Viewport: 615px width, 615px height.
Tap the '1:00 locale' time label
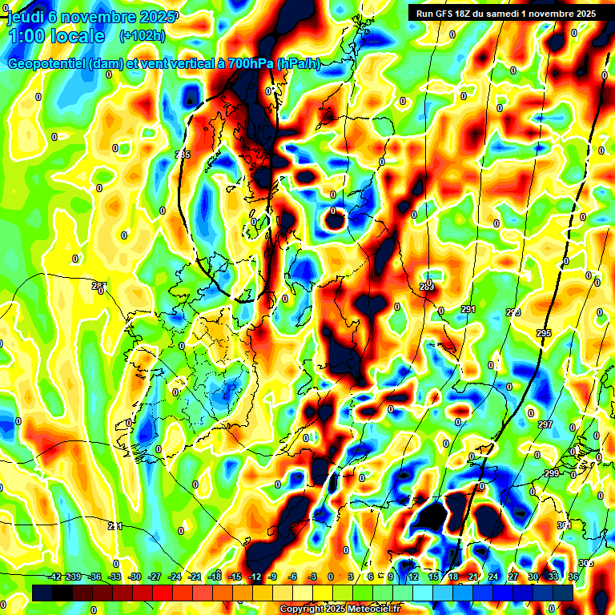[56, 36]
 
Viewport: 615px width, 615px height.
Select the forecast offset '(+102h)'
[143, 36]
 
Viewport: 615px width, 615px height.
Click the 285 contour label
[183, 155]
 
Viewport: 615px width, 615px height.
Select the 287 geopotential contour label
[99, 286]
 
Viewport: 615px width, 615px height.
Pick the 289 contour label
[427, 287]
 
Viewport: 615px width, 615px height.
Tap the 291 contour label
[468, 309]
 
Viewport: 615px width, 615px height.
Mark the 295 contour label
[544, 333]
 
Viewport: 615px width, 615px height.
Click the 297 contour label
[546, 424]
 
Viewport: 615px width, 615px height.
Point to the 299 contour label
[552, 474]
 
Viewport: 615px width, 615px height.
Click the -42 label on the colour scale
[54, 577]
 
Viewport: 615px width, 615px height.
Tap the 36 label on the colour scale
[573, 577]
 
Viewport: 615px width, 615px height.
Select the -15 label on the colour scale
[235, 577]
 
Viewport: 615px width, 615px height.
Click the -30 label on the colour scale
[135, 577]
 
